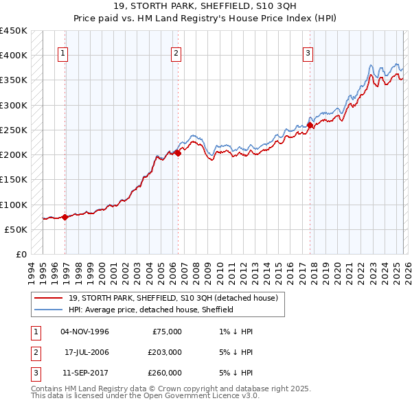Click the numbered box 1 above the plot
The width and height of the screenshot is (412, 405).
click(62, 53)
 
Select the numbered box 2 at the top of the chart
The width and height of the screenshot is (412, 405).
click(176, 53)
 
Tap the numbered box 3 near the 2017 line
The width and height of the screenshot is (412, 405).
click(308, 53)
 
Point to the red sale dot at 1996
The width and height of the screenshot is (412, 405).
click(65, 217)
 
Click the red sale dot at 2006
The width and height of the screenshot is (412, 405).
click(178, 154)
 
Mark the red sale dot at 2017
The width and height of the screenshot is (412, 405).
click(310, 126)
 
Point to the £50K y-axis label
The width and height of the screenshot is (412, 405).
click(16, 229)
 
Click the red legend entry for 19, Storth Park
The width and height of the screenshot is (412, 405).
click(172, 298)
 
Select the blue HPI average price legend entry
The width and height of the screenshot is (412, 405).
click(151, 310)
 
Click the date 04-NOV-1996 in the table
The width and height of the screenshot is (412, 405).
click(84, 332)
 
